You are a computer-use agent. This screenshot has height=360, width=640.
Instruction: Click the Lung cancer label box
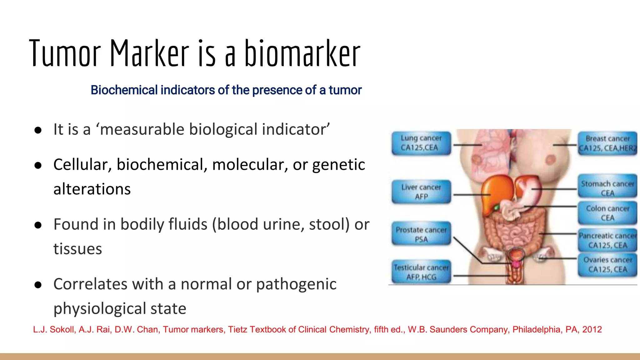[x=421, y=143]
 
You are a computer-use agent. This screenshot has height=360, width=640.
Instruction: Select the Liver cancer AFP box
[x=421, y=192]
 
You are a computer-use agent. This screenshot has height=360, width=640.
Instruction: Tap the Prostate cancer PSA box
[x=421, y=234]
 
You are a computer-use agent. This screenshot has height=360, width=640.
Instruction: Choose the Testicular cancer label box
[x=421, y=272]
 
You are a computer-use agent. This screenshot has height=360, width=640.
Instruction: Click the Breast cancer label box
[x=607, y=143]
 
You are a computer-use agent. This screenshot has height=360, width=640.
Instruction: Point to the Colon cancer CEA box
[x=607, y=213]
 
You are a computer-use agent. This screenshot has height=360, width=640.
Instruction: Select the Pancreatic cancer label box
[x=607, y=240]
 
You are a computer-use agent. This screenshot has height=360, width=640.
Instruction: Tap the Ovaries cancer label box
[x=607, y=265]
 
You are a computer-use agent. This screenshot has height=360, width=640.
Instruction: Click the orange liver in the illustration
[x=495, y=194]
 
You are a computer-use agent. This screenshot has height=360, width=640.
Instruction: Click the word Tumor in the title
[x=65, y=54]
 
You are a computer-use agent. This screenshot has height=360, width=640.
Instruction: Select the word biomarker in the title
[x=302, y=54]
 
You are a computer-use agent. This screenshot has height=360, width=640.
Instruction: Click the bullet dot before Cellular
[x=38, y=166]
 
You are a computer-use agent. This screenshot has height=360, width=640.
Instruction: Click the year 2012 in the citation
[x=592, y=329]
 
